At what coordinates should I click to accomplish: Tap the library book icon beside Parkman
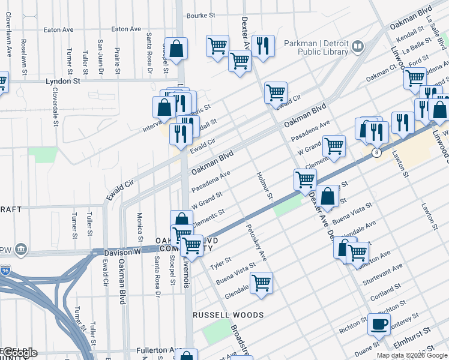coord(358,46)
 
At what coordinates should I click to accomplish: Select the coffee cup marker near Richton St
coord(379,324)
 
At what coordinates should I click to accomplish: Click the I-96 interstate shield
coord(5,270)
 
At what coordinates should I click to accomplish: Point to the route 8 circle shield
coord(376,152)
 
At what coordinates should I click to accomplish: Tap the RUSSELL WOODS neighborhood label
coord(228,315)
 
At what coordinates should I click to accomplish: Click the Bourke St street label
coord(200,16)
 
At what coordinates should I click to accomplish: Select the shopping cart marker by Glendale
coord(261,282)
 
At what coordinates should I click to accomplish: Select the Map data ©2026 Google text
coord(412,355)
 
